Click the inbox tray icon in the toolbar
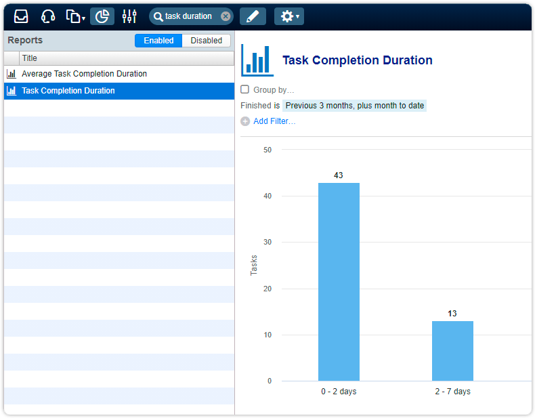(x=21, y=16)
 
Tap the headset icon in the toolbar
(x=47, y=16)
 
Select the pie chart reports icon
(x=102, y=16)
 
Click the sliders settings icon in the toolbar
(x=129, y=16)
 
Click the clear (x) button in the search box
(x=226, y=16)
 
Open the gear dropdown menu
(x=289, y=16)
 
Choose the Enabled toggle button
(x=158, y=41)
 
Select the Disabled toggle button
(x=206, y=41)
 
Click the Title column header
(x=30, y=58)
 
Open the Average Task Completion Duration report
(x=84, y=74)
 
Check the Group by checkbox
(x=245, y=89)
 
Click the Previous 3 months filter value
(x=354, y=106)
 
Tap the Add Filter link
(x=274, y=121)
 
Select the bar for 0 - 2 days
(x=339, y=281)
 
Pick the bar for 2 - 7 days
(x=452, y=350)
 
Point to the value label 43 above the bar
(x=339, y=175)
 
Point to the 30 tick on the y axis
(x=267, y=243)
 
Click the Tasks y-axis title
(x=254, y=265)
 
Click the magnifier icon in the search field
(x=158, y=16)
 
